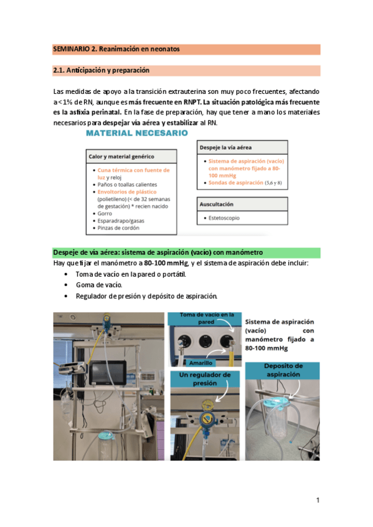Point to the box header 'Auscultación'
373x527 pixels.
pos(217,204)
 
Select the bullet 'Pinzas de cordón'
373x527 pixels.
pos(118,227)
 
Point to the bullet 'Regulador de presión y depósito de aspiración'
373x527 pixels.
pos(146,295)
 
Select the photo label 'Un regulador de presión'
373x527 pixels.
pos(205,378)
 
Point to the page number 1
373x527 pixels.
pos(317,500)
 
